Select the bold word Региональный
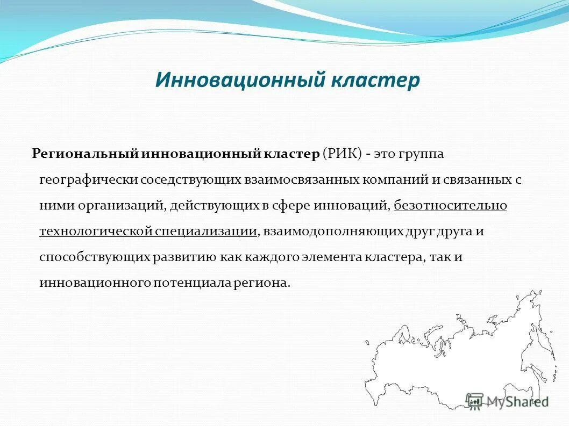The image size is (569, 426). (86, 154)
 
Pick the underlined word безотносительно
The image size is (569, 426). (450, 206)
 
